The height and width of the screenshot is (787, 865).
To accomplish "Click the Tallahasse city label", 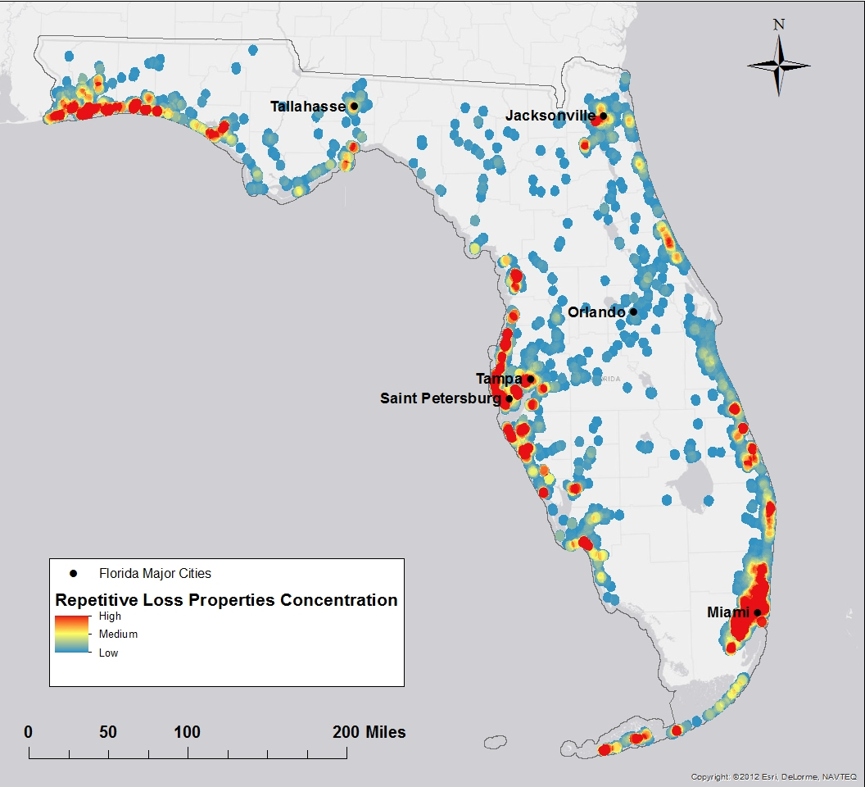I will coord(308,107).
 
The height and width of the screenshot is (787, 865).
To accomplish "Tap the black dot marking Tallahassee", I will coord(354,106).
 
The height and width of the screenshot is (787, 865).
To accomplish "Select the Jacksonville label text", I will coord(550,116).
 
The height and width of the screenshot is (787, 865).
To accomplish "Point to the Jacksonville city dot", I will coord(604,116).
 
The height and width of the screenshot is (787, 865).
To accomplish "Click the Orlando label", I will coord(597,312).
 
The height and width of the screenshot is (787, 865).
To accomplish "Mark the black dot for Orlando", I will coord(633,312).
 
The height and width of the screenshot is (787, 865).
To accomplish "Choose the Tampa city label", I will coord(499,379).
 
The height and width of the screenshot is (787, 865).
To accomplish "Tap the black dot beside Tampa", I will coord(530,379).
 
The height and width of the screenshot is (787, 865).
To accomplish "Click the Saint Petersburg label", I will coord(440,399).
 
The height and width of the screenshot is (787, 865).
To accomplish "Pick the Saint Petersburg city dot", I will coord(509,399).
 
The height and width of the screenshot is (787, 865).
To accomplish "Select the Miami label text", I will coord(729,612).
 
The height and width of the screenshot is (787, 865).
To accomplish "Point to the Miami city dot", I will coord(758,612).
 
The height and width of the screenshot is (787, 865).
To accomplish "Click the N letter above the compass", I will coord(779,25).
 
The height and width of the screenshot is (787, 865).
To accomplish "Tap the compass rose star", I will coord(779,66).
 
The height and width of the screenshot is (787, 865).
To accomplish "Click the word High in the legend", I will coord(110,616).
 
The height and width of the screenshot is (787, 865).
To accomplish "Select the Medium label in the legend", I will coord(118,635).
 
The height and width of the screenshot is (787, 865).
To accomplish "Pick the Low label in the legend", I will coord(108,653).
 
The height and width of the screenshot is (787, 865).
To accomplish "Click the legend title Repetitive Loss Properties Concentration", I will coord(226,600).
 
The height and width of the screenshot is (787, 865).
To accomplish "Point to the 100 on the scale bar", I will coord(188,732).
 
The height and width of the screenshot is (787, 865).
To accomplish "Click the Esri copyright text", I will coord(773,776).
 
